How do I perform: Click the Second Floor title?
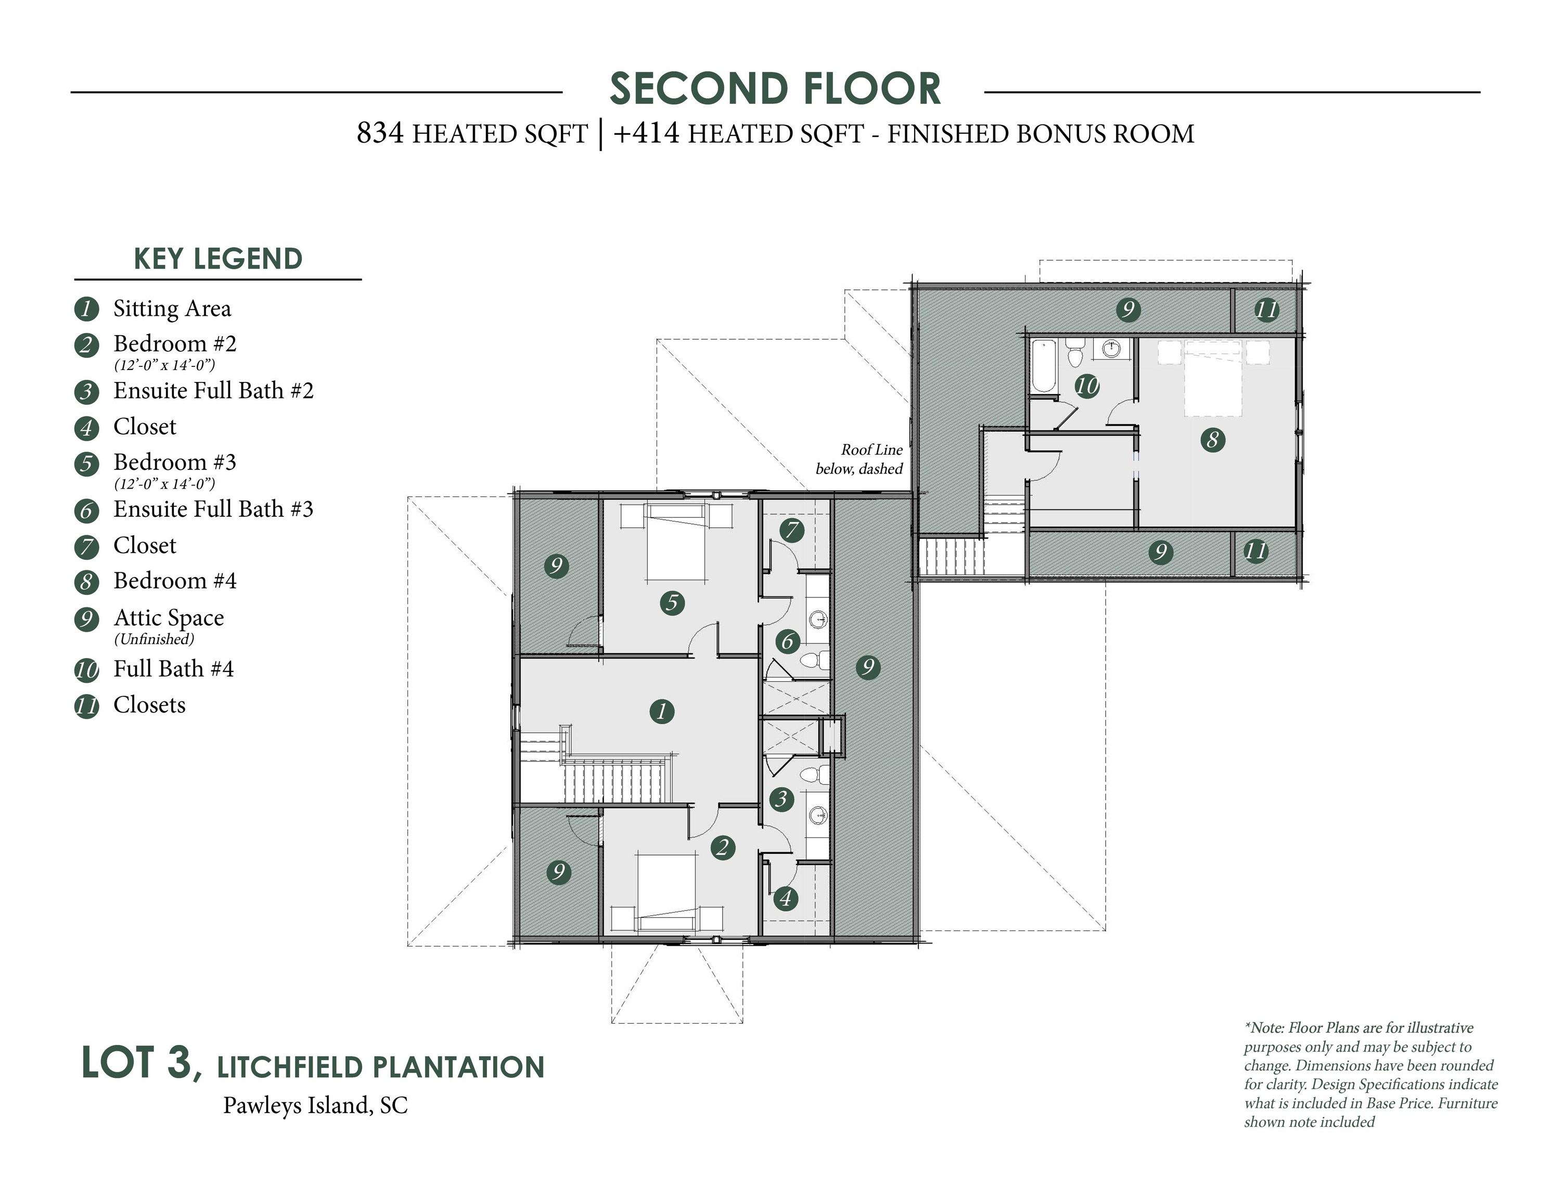coord(775,89)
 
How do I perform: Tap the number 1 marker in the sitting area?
coord(662,711)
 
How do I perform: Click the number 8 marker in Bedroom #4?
coord(1212,440)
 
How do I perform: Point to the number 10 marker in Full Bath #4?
coord(1086,386)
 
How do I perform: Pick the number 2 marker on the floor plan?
coord(723,847)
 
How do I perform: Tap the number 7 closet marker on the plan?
coord(792,530)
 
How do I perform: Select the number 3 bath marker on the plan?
coord(782,798)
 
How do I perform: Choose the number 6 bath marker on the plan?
coord(787,642)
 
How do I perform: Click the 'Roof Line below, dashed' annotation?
coord(860,459)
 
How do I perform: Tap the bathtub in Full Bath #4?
coord(1044,366)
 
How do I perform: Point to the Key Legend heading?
coord(218,259)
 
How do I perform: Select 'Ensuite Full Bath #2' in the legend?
coord(213,391)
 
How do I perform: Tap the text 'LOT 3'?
coord(137,1063)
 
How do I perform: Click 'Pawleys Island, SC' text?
coord(315,1105)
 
